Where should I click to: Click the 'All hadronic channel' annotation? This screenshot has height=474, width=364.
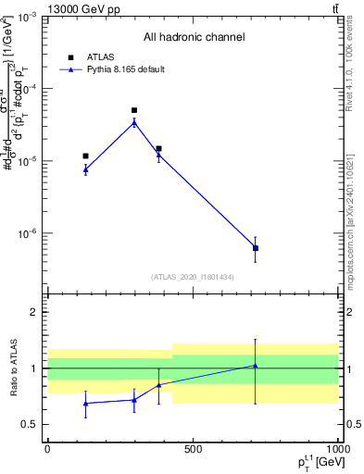194,37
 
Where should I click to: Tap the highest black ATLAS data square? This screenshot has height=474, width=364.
134,110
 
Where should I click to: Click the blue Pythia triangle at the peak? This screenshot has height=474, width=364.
134,122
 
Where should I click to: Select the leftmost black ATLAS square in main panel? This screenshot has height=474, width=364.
85,156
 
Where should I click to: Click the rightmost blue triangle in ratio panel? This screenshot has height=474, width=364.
255,366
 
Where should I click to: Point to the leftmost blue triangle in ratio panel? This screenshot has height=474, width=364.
85,403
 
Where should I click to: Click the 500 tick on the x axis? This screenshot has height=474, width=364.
193,448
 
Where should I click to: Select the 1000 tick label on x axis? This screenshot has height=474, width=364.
336,448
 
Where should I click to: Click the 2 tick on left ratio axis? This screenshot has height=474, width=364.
35,312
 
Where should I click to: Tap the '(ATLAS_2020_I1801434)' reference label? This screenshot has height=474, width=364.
193,277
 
